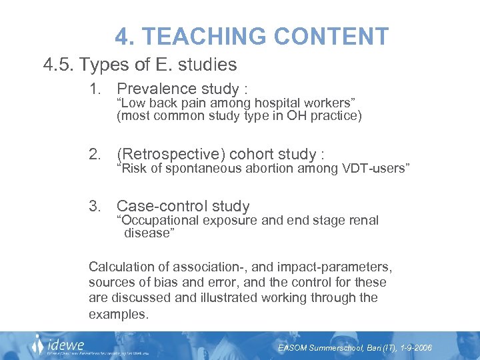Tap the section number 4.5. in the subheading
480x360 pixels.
tap(59, 65)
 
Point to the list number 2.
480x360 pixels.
tap(96, 155)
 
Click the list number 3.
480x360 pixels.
tap(96, 206)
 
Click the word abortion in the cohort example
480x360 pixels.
tap(269, 168)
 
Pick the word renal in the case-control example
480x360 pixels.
tap(364, 220)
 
